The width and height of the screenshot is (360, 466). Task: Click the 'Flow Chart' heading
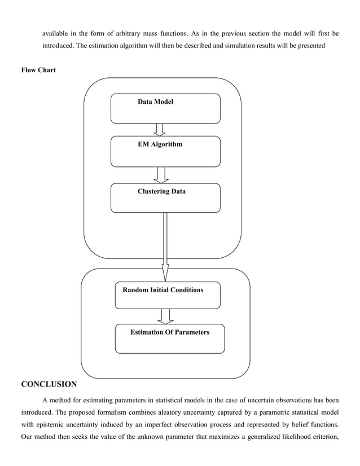(38, 70)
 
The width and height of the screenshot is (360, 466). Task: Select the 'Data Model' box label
(155, 102)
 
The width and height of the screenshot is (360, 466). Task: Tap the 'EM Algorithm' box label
(160, 144)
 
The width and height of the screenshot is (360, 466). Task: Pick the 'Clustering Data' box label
(161, 191)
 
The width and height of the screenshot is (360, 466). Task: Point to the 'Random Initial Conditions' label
(163, 289)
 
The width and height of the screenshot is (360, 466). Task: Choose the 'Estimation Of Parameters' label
(170, 332)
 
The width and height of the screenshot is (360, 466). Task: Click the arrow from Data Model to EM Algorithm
(160, 129)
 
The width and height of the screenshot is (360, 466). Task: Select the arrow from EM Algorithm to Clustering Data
(161, 174)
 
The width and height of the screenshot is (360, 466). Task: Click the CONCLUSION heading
(49, 384)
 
